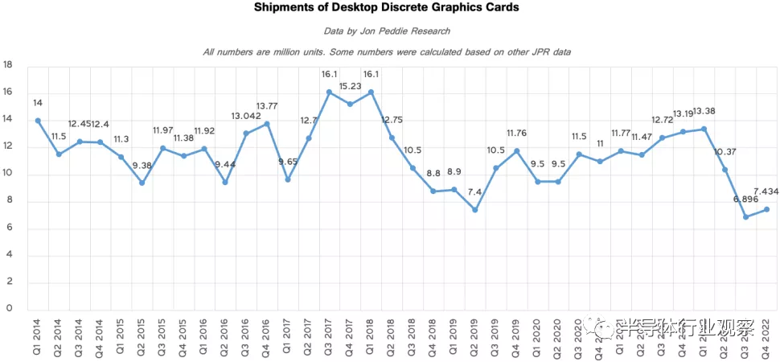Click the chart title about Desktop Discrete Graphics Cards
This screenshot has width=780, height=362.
[387, 8]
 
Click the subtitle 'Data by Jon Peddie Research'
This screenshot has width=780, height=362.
[387, 31]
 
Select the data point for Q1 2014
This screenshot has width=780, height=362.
[38, 121]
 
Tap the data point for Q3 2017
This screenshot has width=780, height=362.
[328, 93]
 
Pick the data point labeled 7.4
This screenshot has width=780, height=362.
[474, 210]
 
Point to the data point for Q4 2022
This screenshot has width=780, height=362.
[766, 209]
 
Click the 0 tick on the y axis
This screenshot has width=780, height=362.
[10, 308]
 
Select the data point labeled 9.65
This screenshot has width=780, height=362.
[286, 179]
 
